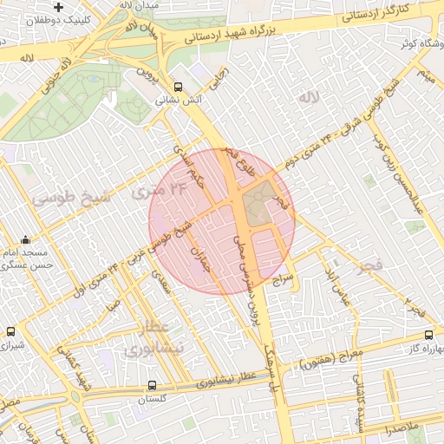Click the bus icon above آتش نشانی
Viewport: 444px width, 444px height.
[x=178, y=87]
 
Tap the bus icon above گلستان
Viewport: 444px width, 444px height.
[x=153, y=384]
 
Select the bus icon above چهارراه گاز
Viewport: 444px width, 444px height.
[x=429, y=336]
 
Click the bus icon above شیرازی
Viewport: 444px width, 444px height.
[x=10, y=331]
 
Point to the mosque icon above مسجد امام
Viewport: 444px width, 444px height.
[x=25, y=240]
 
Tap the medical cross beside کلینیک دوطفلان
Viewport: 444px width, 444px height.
[x=58, y=7]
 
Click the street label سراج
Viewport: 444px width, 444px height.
[x=286, y=280]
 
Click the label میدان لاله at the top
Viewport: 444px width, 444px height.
[x=138, y=5]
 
